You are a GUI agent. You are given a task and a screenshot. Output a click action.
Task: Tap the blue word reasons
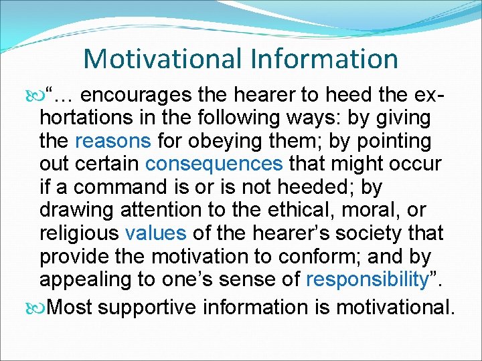(x=113, y=142)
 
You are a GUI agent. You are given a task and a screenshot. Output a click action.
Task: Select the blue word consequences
(x=214, y=164)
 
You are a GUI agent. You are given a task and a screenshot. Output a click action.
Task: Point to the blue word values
(x=156, y=233)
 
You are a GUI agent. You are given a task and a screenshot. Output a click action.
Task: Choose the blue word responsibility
(x=367, y=279)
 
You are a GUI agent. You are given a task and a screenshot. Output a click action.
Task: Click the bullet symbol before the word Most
(x=36, y=308)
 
